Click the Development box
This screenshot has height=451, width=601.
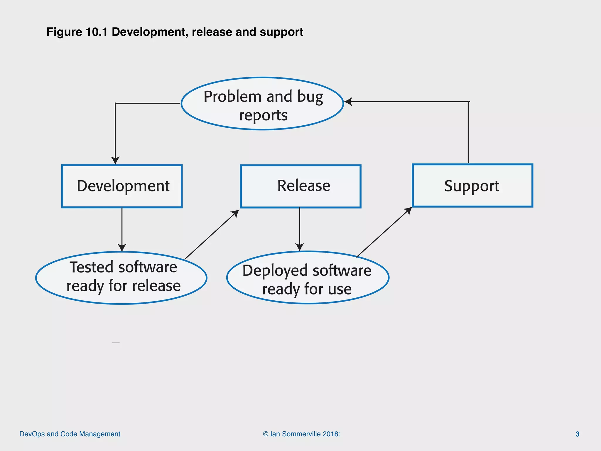click(122, 186)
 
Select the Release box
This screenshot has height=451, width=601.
click(300, 186)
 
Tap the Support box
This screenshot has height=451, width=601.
click(472, 186)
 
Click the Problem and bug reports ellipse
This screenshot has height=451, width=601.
click(262, 104)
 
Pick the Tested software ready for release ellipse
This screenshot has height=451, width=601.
click(121, 277)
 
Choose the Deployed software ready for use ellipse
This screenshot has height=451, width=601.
click(308, 277)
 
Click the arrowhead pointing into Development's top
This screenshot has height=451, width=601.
click(115, 160)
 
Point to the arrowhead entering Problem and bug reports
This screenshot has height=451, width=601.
click(348, 102)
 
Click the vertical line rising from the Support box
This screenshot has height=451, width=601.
click(469, 132)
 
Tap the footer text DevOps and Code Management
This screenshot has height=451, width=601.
click(70, 434)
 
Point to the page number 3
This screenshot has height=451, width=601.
click(577, 434)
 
